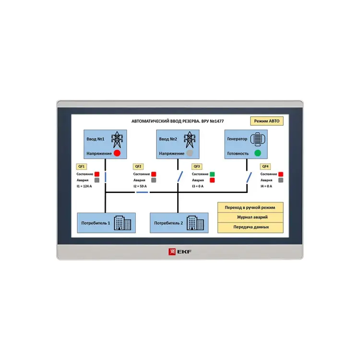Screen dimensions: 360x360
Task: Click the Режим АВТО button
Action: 266,121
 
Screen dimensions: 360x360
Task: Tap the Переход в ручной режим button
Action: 250,207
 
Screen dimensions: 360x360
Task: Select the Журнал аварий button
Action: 250,217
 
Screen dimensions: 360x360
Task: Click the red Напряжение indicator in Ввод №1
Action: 117,154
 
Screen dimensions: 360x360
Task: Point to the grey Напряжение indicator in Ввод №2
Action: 190,154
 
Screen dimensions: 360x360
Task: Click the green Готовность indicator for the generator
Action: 257,154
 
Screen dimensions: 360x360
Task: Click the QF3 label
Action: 197,166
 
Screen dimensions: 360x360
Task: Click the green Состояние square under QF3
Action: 212,174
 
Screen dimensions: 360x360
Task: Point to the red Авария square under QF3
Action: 212,180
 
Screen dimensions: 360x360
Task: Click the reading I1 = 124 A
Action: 84,186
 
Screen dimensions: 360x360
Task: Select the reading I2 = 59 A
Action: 140,186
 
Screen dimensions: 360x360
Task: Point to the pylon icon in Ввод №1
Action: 117,139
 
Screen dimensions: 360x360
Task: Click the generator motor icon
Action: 258,138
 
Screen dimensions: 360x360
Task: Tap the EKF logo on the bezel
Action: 180,251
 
